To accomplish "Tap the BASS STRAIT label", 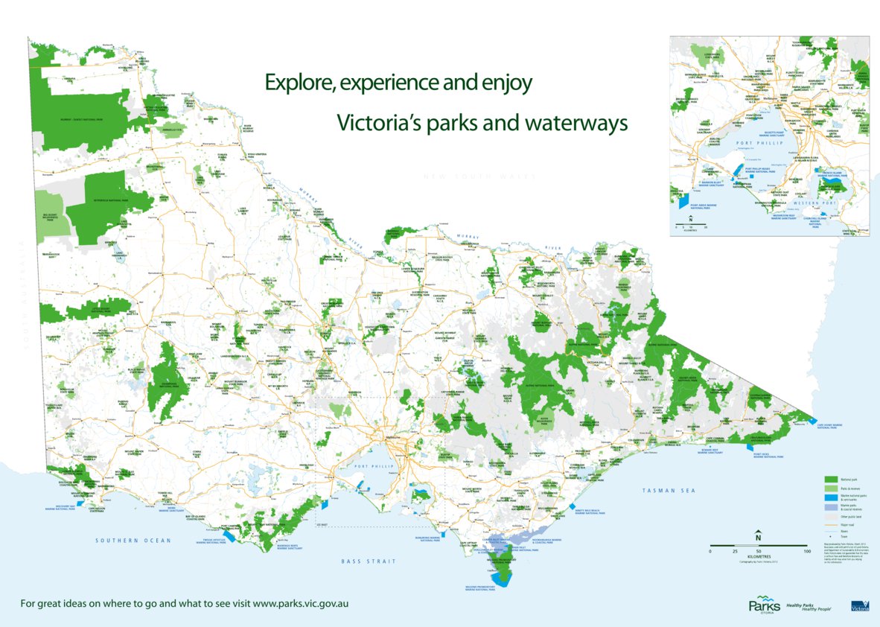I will pos(369,561).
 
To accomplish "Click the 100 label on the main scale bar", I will pos(807,551).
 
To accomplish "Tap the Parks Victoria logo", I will pos(763,604).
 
